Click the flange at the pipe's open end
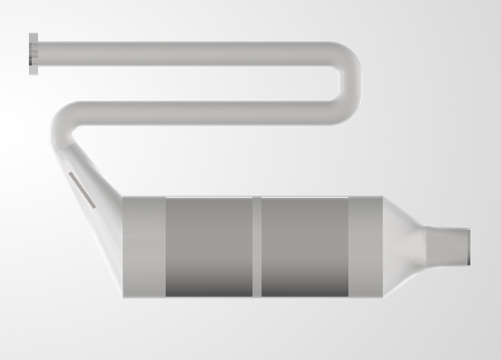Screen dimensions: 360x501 point(33,54)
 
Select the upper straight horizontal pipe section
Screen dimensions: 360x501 point(182,54)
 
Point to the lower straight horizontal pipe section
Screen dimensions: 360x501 point(204,113)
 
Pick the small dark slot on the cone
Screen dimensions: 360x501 point(82,190)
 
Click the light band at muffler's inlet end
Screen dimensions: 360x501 point(144,247)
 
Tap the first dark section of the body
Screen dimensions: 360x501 point(209,247)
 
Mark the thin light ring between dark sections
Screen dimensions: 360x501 point(257,247)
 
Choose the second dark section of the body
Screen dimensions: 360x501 point(305,247)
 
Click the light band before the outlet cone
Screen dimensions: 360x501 point(365,247)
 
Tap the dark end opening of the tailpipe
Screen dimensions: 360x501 point(469,246)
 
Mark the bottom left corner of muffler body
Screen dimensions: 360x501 point(124,296)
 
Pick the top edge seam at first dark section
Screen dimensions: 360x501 point(209,197)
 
